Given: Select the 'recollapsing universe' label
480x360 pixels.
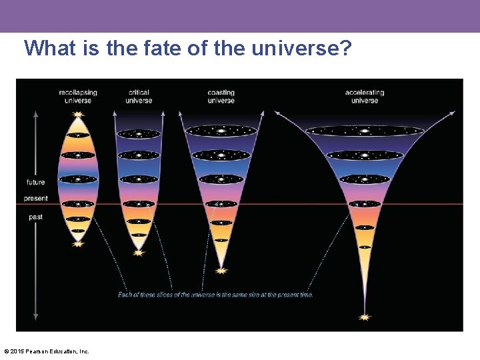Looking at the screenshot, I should [78, 96].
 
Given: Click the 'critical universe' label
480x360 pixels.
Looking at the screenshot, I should [139, 96].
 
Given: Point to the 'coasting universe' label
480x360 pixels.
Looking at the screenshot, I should [221, 96].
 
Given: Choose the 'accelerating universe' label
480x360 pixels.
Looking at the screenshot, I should [365, 96].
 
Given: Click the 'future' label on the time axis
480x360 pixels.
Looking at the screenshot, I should [36, 182].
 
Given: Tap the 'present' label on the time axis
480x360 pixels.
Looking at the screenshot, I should [36, 198].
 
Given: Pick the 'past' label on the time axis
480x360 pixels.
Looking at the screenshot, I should [36, 217].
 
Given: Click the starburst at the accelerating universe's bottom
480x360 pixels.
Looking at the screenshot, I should [365, 317].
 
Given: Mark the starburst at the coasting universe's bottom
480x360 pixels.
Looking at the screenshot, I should [221, 270].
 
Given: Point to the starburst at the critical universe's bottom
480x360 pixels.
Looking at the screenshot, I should [139, 252].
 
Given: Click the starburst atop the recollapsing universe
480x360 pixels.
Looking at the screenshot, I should [79, 115].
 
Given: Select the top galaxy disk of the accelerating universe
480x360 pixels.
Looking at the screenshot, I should [365, 131].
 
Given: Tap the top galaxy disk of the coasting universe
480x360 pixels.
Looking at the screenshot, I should [221, 131].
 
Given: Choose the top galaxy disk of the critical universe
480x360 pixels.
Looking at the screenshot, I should [139, 134].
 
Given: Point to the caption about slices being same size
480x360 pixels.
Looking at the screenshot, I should [215, 295].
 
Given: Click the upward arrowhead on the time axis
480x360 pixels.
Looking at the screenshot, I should [36, 114].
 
